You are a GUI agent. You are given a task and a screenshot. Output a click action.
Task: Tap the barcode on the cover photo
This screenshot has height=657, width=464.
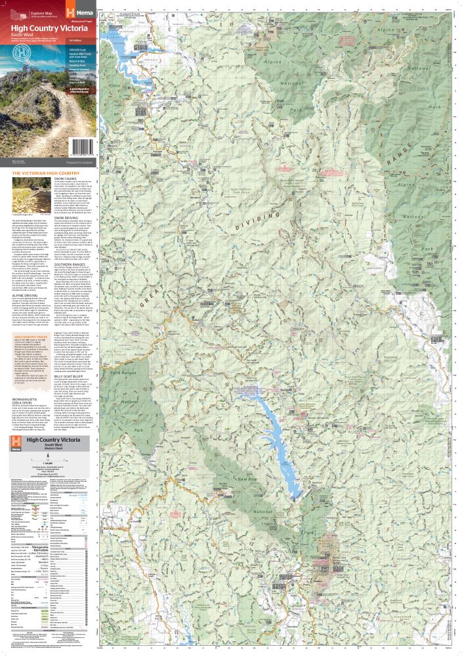(83, 145)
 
